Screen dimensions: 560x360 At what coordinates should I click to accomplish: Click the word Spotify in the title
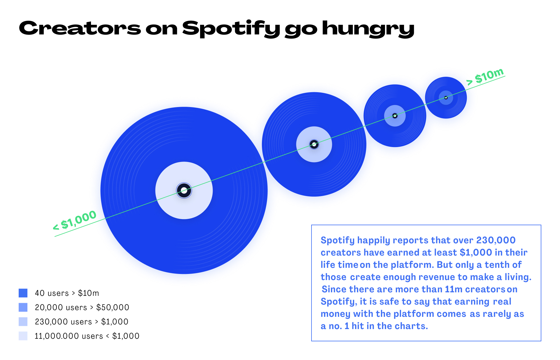point(231,29)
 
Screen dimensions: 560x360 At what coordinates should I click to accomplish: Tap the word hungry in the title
point(368,29)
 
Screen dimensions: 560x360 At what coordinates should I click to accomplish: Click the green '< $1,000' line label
point(75,220)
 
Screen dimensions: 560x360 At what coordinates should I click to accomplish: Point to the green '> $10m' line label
point(485,76)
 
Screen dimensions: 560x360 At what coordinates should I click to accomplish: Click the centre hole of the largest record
point(184,191)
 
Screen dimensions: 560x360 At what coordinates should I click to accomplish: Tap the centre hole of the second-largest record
point(314,144)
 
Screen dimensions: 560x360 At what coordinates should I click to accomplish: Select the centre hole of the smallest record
point(446,98)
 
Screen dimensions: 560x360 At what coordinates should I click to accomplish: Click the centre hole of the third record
point(395,116)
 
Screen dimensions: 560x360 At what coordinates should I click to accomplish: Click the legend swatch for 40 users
point(23,293)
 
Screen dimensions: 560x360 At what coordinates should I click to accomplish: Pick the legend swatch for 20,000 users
point(23,307)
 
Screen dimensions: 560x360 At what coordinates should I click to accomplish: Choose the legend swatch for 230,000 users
point(23,321)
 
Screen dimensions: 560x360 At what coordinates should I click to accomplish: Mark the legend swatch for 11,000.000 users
point(23,336)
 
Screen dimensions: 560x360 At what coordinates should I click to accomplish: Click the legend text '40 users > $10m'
point(67,293)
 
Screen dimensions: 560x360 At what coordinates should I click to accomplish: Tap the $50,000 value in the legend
point(113,307)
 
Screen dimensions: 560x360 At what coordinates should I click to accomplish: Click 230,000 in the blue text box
point(496,240)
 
